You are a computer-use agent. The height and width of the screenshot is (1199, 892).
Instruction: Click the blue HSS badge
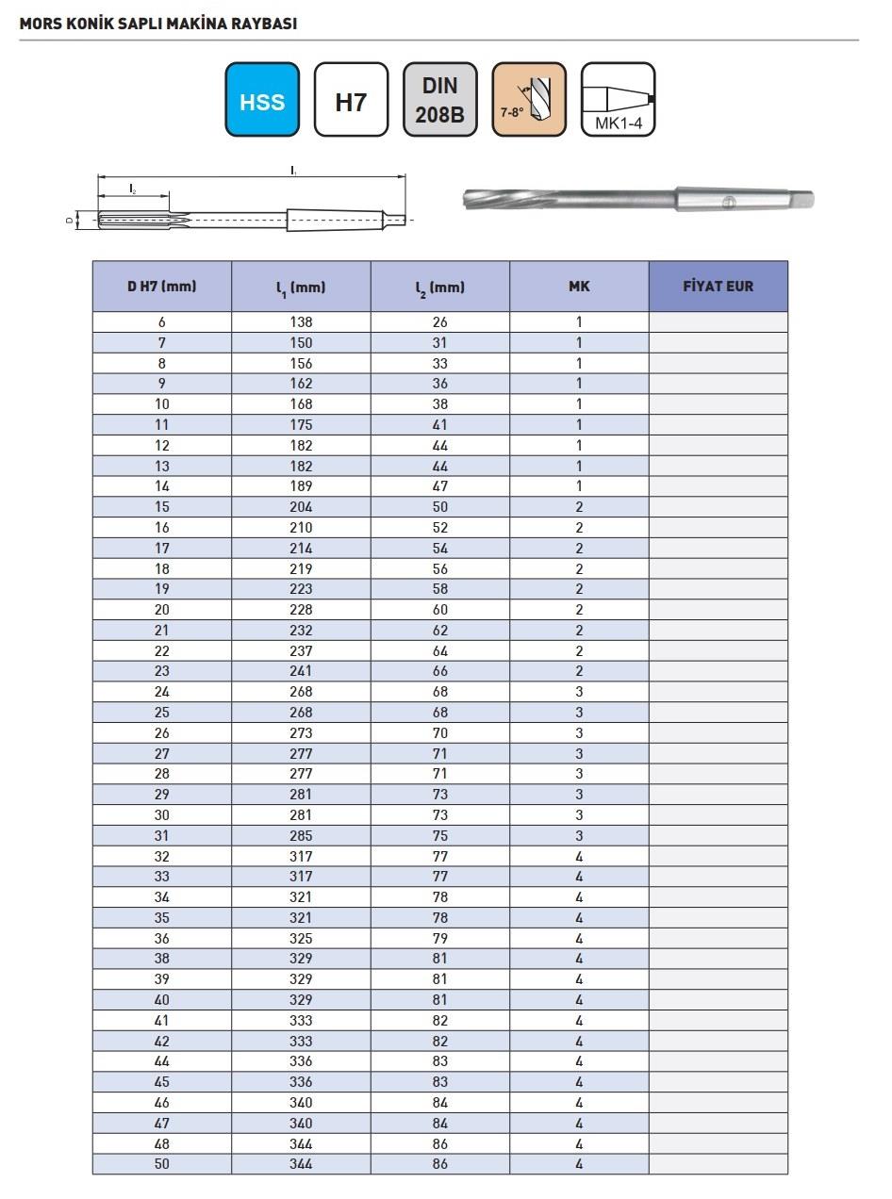click(x=262, y=100)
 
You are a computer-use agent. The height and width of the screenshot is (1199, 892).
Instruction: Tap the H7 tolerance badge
click(x=351, y=100)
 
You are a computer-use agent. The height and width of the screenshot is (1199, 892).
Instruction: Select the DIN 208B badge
click(x=439, y=100)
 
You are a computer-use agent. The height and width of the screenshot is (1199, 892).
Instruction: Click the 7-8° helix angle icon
click(x=529, y=100)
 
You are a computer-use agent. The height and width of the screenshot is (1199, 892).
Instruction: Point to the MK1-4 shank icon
click(x=618, y=100)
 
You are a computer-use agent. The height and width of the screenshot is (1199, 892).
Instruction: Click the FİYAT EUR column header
click(x=718, y=287)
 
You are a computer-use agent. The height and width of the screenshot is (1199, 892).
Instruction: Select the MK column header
click(x=579, y=287)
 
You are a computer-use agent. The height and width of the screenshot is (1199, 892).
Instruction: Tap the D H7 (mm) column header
click(x=162, y=287)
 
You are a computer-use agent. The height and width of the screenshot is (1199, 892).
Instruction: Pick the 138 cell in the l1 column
click(x=301, y=321)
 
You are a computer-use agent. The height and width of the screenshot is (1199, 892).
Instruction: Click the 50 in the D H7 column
click(x=162, y=1164)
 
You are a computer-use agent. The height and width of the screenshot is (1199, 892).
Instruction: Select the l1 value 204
click(x=301, y=507)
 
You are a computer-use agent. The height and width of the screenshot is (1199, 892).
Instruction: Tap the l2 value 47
click(x=439, y=486)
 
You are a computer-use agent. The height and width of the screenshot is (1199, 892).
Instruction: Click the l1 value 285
click(x=301, y=836)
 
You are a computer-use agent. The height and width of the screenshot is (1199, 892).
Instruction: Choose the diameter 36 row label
click(x=162, y=939)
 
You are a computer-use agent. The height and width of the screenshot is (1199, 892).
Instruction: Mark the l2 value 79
click(x=439, y=939)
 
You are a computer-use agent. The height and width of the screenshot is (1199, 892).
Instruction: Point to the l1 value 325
click(x=301, y=939)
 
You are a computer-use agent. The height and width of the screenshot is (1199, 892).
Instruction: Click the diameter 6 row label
click(x=162, y=321)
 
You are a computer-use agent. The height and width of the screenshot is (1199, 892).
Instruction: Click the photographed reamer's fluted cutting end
click(x=509, y=199)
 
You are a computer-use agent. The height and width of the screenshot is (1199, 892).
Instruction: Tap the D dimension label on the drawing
click(x=69, y=221)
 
